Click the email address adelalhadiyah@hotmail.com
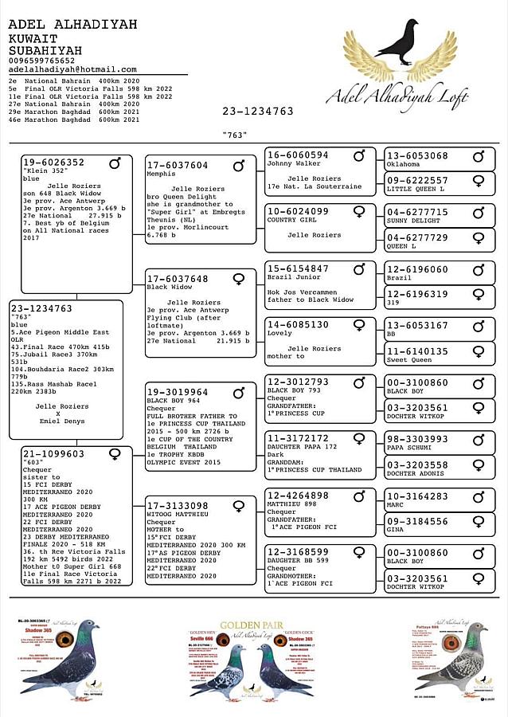[72, 70]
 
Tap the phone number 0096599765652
[41, 61]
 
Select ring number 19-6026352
[53, 163]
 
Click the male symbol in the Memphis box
[239, 166]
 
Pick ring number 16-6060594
[298, 155]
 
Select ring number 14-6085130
[298, 325]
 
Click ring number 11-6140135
[417, 351]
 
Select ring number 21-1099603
[53, 454]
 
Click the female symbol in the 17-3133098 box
[239, 506]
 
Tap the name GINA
[395, 530]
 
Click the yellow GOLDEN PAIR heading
[251, 625]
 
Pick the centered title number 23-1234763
[258, 112]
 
